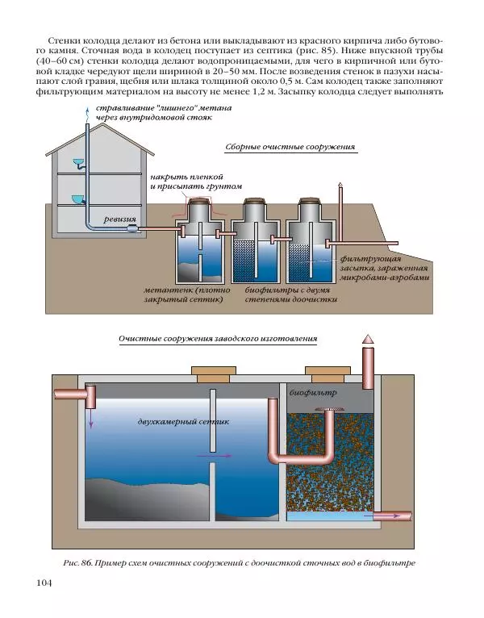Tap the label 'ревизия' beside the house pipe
tap(119, 219)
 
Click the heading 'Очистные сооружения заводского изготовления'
tap(217, 340)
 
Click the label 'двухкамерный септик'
tap(183, 421)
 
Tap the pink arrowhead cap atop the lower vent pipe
tap(368, 340)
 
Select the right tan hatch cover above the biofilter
tap(327, 372)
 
